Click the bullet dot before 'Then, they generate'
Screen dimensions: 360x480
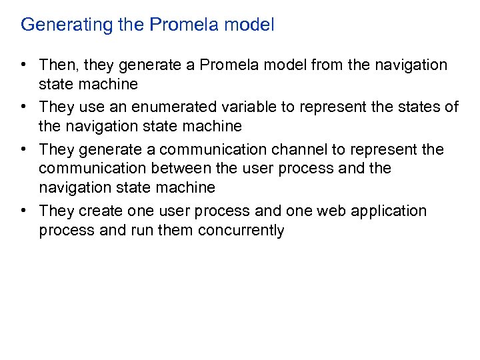pos(23,65)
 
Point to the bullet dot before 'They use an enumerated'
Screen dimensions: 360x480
pos(23,107)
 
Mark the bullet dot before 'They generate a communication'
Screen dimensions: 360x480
pos(23,149)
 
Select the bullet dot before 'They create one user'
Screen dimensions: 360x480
pos(23,211)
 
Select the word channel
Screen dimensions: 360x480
pos(289,149)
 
